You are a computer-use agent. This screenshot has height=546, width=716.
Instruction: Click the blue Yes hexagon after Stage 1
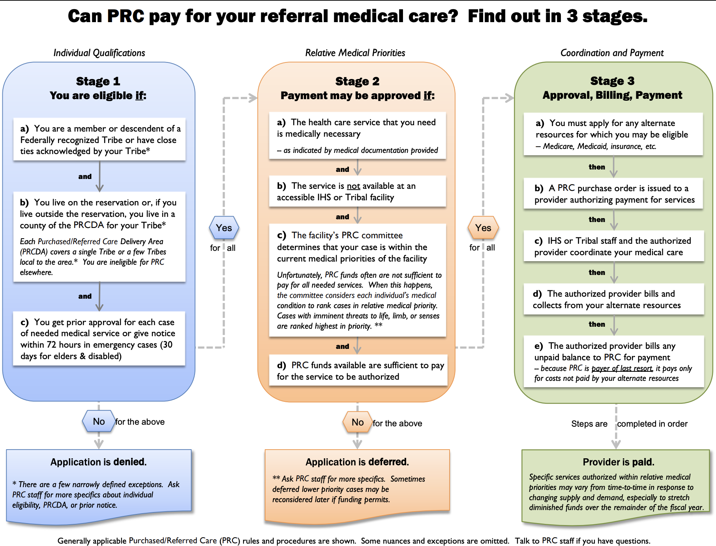pos(224,228)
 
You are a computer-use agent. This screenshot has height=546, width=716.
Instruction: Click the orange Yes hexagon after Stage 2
pos(483,228)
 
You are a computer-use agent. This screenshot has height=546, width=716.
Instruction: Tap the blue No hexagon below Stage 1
pos(99,422)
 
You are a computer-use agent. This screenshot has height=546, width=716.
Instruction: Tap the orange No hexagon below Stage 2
pos(358,422)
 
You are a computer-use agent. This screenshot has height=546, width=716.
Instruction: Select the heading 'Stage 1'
pos(98,81)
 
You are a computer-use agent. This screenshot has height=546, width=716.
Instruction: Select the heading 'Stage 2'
pos(357,81)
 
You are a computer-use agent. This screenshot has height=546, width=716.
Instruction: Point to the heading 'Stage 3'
pos(612,81)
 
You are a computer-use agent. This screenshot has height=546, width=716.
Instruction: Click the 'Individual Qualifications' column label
pos(99,53)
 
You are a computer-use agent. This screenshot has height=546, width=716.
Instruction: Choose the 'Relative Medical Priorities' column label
pos(355,53)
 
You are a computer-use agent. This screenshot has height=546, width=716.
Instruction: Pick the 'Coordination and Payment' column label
pos(612,53)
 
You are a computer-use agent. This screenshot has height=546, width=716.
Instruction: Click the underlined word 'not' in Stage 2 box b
pos(353,186)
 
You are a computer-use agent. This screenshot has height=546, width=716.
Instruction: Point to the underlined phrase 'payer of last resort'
pos(622,368)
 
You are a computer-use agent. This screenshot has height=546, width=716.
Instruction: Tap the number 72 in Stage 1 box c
pos(51,345)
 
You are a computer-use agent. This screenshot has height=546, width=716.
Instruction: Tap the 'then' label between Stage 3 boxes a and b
pos(596,167)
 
